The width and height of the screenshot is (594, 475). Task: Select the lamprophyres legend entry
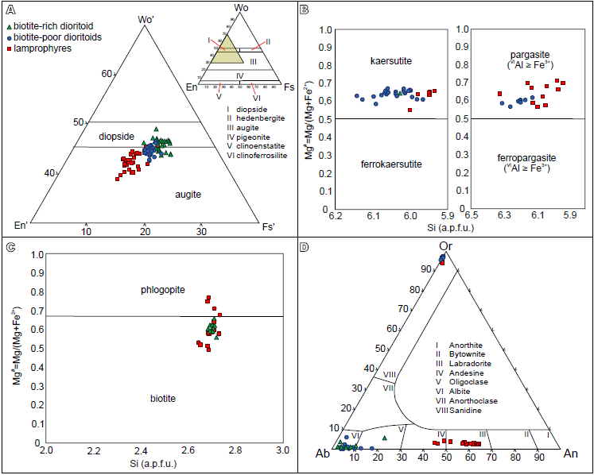[x=44, y=48]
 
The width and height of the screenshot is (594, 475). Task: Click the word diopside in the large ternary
[x=116, y=136]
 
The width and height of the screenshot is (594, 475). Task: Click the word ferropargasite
[x=520, y=157]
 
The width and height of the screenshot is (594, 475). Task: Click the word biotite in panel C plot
[x=163, y=397]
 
